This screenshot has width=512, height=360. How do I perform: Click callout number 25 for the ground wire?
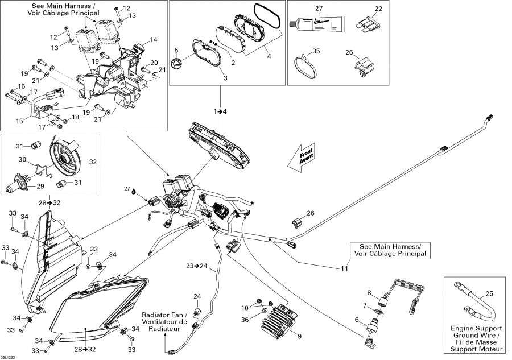[489, 293]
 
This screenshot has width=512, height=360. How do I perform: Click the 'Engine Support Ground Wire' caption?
[476, 336]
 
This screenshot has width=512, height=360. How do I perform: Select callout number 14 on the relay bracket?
[153, 40]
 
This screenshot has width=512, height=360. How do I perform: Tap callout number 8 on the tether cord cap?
[369, 293]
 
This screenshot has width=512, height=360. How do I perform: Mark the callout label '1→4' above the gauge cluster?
[220, 111]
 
